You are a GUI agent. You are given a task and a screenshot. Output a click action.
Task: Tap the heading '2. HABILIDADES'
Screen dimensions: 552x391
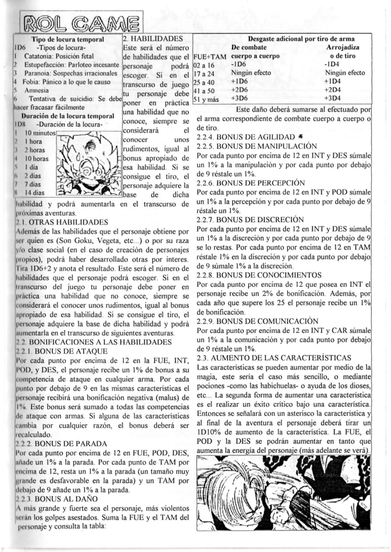(153, 39)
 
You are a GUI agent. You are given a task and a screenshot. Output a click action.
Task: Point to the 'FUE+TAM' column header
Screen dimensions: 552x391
(210, 57)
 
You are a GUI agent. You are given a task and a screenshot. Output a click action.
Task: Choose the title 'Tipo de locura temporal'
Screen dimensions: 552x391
(68, 39)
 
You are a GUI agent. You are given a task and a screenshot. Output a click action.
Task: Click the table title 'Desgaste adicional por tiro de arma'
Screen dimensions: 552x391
(301, 39)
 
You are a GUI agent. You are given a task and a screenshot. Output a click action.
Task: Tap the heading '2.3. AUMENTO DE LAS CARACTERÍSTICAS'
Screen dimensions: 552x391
(274, 357)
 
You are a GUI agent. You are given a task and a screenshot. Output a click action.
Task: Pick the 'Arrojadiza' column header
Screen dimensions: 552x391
(342, 47)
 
